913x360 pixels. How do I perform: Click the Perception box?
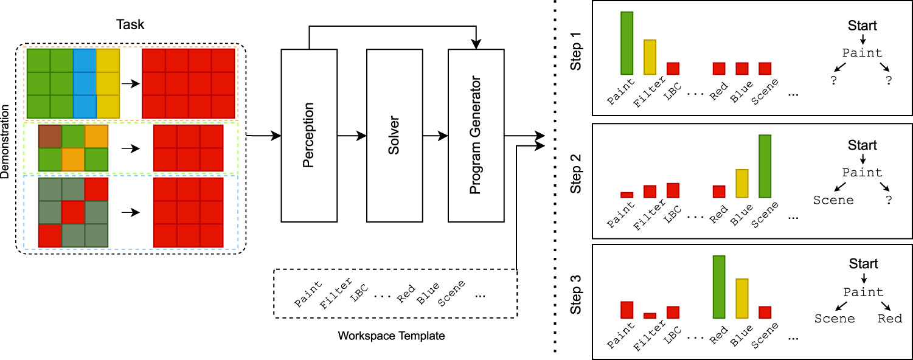[x=309, y=136]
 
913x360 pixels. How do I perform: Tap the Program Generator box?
[x=476, y=136]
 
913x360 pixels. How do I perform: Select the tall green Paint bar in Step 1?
[x=627, y=43]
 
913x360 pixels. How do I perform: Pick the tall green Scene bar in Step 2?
[x=765, y=166]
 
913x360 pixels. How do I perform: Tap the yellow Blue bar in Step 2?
[x=742, y=183]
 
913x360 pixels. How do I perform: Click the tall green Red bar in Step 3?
[x=719, y=287]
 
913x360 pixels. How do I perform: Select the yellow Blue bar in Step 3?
[x=742, y=299]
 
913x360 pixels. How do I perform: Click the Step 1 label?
[x=578, y=56]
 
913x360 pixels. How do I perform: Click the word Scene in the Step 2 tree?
[x=833, y=199]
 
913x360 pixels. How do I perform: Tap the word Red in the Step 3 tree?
[x=889, y=318]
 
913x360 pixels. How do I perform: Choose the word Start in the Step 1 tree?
[x=863, y=26]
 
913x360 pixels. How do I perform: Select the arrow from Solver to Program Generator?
[x=435, y=136]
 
